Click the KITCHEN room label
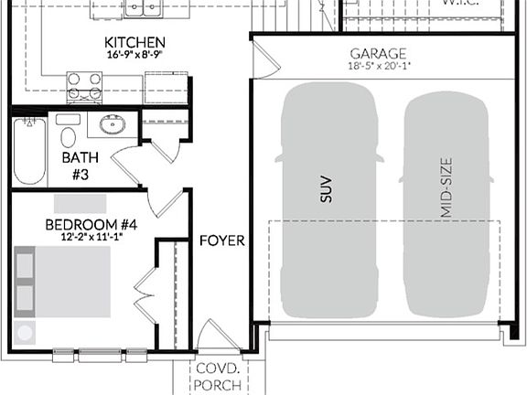pyautogui.click(x=134, y=42)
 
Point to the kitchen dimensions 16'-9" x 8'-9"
pyautogui.click(x=134, y=55)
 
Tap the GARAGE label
pyautogui.click(x=377, y=54)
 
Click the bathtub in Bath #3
pyautogui.click(x=28, y=151)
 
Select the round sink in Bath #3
pyautogui.click(x=113, y=125)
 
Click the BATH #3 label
pyautogui.click(x=75, y=165)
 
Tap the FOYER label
pyautogui.click(x=222, y=240)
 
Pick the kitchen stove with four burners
pyautogui.click(x=84, y=87)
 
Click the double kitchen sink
pyautogui.click(x=142, y=9)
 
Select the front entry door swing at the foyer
pyautogui.click(x=219, y=336)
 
